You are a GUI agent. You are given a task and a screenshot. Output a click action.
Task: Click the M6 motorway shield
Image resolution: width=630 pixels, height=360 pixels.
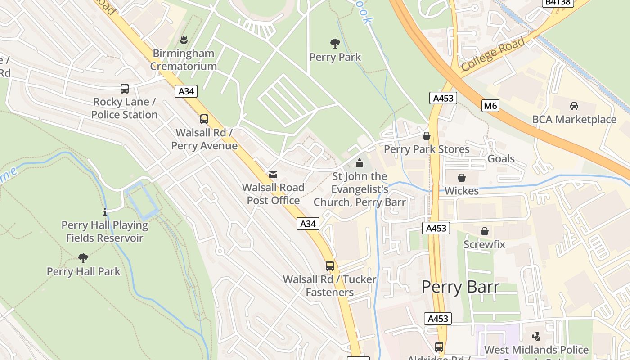490,106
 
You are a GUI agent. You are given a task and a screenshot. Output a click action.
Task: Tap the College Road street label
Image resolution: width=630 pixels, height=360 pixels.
493,54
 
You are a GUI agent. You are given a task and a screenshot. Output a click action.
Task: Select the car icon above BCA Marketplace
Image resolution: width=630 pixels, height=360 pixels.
574,106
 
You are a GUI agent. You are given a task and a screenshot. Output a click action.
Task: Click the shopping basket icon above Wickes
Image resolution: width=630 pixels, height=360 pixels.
461,178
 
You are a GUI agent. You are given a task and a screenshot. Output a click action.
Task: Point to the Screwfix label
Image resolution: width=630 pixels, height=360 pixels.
484,244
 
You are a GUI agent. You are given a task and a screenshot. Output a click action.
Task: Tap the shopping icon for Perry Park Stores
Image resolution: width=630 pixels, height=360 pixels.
426,136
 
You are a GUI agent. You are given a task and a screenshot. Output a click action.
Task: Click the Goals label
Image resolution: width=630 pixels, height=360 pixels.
501,159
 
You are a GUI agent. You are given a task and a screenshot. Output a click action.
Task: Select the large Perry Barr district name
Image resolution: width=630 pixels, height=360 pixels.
460,287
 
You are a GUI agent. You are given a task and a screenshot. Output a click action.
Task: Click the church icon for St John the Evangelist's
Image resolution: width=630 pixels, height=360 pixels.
359,163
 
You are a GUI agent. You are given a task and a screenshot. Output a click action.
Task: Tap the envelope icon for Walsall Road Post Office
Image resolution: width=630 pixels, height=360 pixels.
273,175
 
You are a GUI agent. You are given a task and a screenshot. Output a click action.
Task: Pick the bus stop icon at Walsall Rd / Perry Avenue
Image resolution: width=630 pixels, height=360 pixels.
204,119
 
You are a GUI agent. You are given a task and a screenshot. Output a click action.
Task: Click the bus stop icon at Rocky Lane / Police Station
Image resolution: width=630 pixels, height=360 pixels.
125,89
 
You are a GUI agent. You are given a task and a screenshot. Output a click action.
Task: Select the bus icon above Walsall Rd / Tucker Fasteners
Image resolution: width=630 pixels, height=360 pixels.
330,266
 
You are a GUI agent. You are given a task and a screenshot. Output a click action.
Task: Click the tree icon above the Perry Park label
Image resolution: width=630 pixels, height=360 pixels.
335,44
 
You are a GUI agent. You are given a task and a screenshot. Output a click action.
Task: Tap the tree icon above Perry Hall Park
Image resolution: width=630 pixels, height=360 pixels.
83,258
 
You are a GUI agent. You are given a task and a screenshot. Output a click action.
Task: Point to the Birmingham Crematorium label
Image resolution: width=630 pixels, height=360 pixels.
183,59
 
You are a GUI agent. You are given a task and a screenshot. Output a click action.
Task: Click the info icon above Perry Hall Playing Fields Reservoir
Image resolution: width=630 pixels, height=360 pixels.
105,211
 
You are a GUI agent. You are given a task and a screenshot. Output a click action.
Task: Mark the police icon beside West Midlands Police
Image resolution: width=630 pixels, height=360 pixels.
536,336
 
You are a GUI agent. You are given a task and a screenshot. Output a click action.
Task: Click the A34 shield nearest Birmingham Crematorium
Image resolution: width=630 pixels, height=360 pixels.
186,91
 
